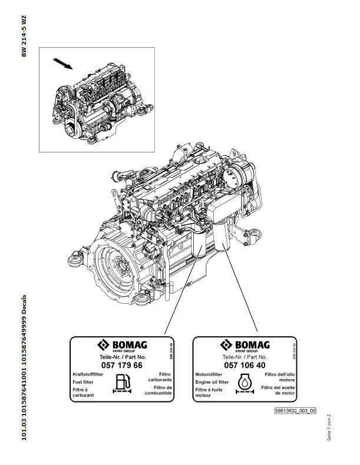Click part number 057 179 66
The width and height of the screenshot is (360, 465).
(122, 365)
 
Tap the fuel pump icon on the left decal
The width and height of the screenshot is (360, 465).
(122, 383)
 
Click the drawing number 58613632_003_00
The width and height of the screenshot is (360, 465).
(296, 411)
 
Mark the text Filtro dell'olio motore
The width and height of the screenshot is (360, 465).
(280, 377)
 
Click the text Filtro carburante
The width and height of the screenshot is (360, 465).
(157, 377)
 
